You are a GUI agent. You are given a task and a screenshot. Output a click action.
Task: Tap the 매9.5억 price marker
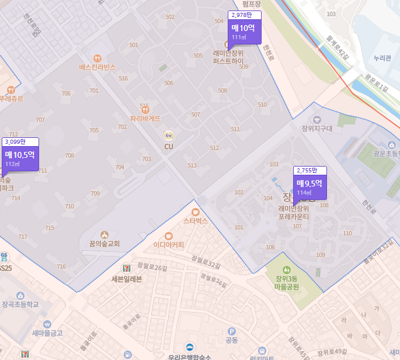click(x=309, y=186)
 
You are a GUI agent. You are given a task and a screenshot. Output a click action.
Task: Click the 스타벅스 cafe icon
click(x=195, y=212)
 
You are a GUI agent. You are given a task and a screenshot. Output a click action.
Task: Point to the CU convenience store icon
click(x=168, y=136)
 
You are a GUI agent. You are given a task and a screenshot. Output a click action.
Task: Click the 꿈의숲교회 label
click(x=105, y=243)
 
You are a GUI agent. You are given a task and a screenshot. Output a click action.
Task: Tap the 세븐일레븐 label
click(x=127, y=279)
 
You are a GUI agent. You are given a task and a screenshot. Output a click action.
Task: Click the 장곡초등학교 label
click(x=20, y=304)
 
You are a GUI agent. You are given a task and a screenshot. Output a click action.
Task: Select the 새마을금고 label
click(x=47, y=333)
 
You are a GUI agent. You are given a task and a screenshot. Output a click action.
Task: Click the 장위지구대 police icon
click(x=317, y=119)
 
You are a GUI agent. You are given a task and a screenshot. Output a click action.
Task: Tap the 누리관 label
click(x=384, y=58)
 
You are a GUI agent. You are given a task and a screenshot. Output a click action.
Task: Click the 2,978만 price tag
click(x=242, y=15)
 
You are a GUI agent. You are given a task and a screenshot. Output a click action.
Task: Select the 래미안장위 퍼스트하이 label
click(x=228, y=56)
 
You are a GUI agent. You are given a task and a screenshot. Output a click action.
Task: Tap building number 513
click(x=192, y=165)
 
